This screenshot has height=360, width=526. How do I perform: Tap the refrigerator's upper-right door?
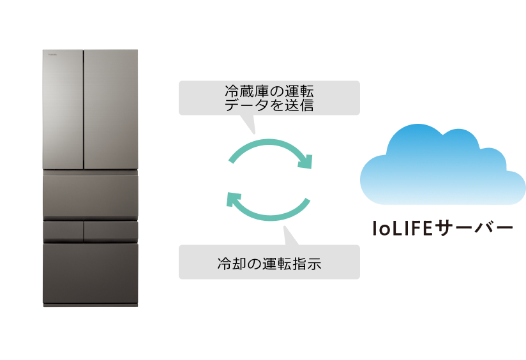coord(110,109)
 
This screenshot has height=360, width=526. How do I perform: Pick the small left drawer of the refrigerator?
coord(63,231)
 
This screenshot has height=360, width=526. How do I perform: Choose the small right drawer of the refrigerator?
coord(110,231)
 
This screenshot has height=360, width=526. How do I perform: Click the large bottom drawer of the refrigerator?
coord(90,273)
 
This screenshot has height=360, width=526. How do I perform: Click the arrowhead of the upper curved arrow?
coord(308,162)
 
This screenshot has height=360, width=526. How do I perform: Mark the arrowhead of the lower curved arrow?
coord(233,199)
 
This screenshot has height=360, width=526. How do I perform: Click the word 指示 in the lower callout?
coord(306,262)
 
